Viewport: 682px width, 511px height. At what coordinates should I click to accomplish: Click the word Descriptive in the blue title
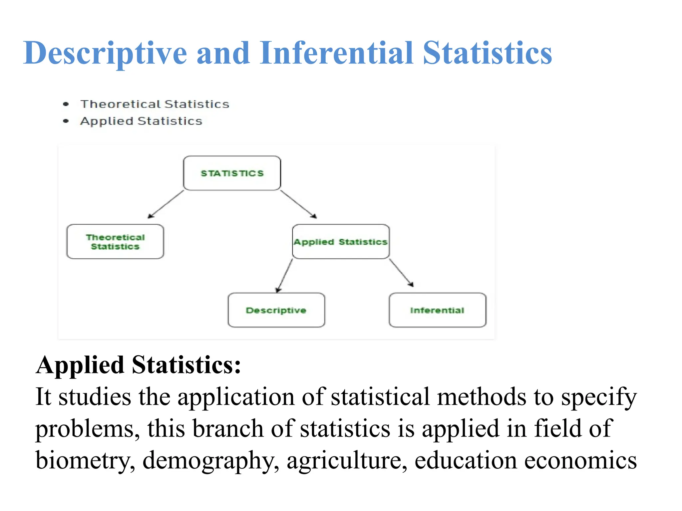pyautogui.click(x=105, y=53)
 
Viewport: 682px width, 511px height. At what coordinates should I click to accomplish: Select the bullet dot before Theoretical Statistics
pyautogui.click(x=66, y=104)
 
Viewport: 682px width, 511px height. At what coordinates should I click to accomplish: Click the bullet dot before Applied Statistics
pyautogui.click(x=66, y=121)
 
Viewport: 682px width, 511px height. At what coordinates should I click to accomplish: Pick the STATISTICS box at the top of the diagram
pyautogui.click(x=232, y=173)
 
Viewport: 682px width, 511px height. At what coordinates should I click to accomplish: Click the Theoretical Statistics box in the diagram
pyautogui.click(x=115, y=242)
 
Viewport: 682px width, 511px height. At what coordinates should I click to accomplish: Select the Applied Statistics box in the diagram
pyautogui.click(x=341, y=242)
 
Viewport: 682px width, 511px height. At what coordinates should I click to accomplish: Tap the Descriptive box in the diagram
pyautogui.click(x=276, y=310)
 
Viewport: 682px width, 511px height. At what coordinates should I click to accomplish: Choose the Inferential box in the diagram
pyautogui.click(x=437, y=310)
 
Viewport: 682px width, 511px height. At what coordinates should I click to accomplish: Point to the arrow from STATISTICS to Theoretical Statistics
pyautogui.click(x=166, y=204)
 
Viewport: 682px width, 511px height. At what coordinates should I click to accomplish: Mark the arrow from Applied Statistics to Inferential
pyautogui.click(x=401, y=272)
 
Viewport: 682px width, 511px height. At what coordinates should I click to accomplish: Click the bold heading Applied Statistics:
pyautogui.click(x=138, y=365)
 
